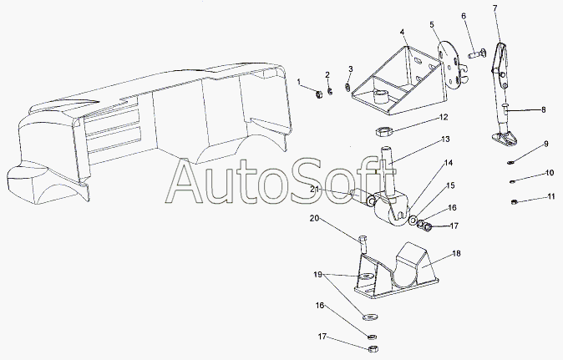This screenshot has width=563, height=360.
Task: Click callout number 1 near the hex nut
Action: coord(299,83)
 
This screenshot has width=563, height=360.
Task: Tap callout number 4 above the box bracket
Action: coord(403,33)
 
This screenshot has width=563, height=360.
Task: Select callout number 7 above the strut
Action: coord(495,8)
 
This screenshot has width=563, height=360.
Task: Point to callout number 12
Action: coord(444,117)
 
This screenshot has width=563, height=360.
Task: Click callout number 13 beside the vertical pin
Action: coord(445,139)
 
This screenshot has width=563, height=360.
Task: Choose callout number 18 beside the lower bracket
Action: coord(456,253)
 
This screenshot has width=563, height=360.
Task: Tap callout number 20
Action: coord(315,218)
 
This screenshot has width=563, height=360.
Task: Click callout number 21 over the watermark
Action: coord(315,190)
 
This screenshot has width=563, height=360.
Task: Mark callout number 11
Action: coord(551,196)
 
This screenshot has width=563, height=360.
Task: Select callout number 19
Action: coord(317,275)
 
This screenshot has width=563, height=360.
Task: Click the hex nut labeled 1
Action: coord(318,94)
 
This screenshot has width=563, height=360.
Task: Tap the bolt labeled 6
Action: coord(477,54)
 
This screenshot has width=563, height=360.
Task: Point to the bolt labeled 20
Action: coord(363,244)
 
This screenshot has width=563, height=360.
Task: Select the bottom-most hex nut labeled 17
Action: coord(373,348)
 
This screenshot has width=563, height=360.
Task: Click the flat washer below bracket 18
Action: coord(368,317)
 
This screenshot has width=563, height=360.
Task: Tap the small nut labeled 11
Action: coord(514,201)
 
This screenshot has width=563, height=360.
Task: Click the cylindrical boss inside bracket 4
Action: coord(379,96)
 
